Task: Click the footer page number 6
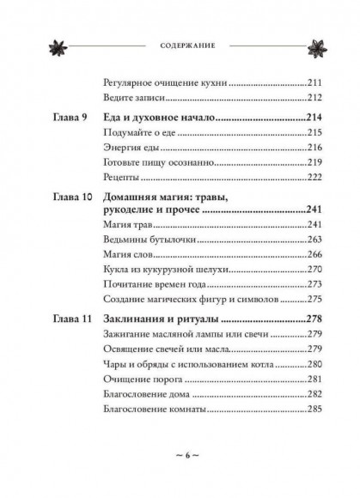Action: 180,474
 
